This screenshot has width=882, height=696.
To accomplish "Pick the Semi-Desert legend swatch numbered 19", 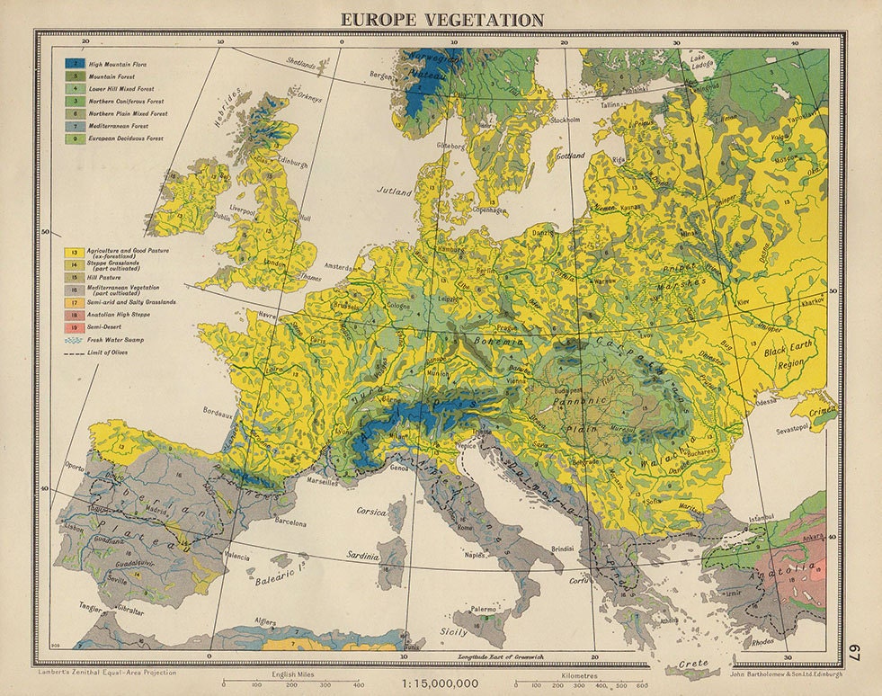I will point(73,329).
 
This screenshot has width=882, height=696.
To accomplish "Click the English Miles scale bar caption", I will point(293,673).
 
